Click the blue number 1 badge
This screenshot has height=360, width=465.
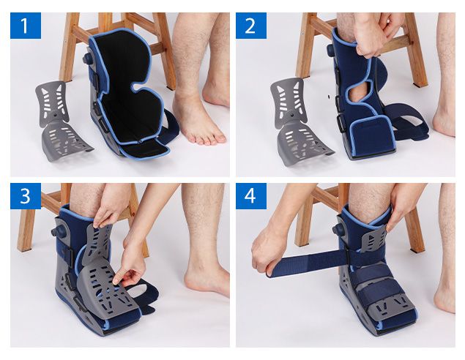26,26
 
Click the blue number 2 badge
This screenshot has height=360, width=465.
251,26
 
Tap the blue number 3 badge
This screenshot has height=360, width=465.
26,196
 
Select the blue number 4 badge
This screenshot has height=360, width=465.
251,196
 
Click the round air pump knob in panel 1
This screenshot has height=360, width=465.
87,59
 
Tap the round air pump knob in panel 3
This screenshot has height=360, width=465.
57,230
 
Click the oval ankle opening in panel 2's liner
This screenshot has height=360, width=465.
358,91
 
